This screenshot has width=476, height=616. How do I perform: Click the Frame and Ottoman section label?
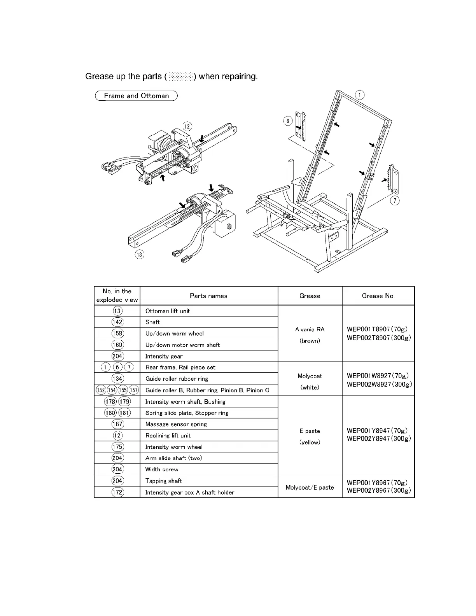136,96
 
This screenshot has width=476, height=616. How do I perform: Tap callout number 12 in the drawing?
187,126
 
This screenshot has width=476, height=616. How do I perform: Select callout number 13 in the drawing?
140,254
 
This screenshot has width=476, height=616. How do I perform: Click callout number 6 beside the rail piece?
287,121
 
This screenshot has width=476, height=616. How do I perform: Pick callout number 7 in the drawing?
395,201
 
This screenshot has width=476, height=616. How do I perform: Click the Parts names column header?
208,296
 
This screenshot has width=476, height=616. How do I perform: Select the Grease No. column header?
378,296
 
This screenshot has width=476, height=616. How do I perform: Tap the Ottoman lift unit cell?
168,311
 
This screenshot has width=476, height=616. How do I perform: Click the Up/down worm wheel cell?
174,333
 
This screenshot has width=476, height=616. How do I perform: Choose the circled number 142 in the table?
117,322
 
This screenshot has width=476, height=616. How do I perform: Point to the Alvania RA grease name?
310,329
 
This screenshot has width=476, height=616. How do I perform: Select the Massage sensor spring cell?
176,424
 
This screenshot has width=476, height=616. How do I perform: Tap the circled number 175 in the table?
117,447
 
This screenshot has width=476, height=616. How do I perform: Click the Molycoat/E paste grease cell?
310,487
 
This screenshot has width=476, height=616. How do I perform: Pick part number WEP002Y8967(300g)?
378,490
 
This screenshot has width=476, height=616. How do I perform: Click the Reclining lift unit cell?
168,436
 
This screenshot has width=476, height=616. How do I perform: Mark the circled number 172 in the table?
117,492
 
